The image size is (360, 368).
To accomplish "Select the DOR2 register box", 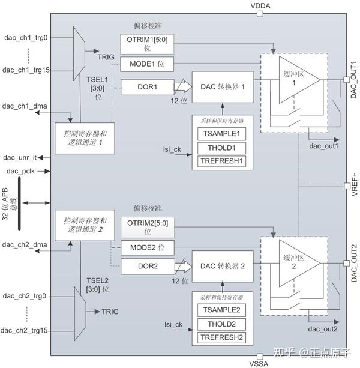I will (146, 265).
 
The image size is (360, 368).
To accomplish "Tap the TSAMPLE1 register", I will (221, 134).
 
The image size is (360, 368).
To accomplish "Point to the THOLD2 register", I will (221, 324).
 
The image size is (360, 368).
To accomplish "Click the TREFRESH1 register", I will (221, 161).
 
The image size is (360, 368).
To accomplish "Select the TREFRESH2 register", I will (221, 337).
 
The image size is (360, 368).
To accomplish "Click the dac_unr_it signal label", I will (20, 157).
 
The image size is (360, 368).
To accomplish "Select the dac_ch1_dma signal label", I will (25, 106).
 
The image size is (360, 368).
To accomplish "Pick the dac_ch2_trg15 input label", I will (26, 330).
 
